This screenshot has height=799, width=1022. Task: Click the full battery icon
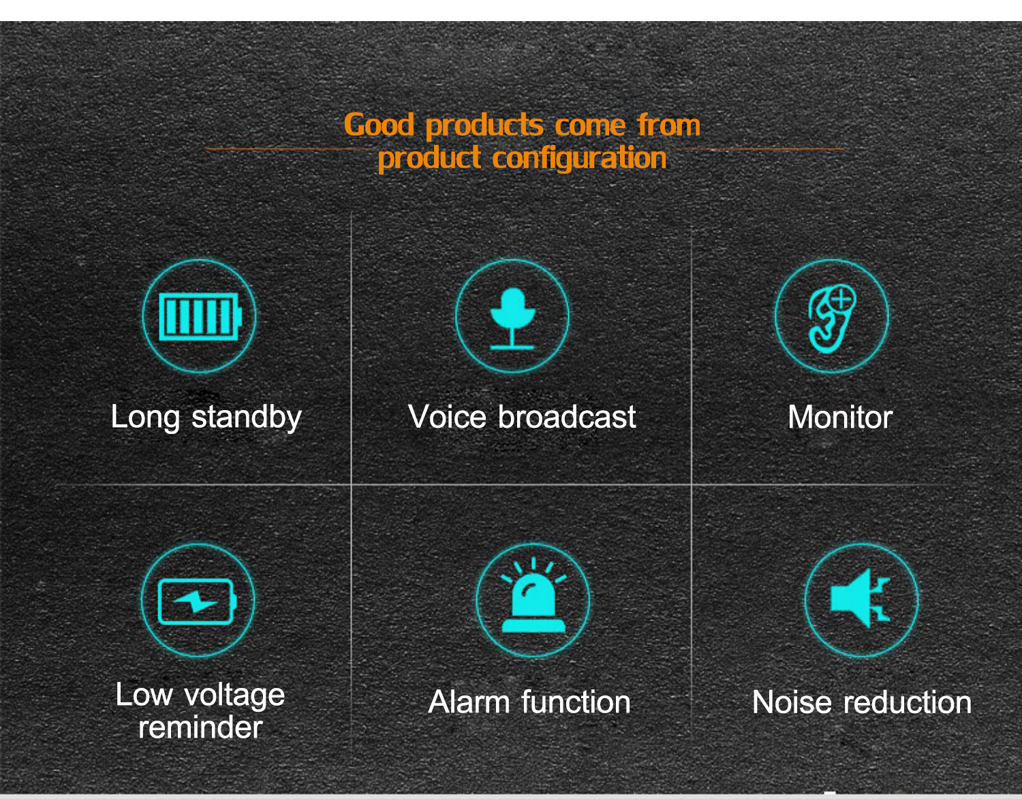pyautogui.click(x=200, y=316)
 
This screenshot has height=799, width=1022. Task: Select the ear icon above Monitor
pyautogui.click(x=831, y=319)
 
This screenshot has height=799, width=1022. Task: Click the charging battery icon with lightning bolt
pyautogui.click(x=197, y=601)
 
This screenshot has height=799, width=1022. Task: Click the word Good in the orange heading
pyautogui.click(x=379, y=125)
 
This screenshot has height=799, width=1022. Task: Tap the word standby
pyautogui.click(x=247, y=418)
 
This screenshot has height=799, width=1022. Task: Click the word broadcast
pyautogui.click(x=567, y=417)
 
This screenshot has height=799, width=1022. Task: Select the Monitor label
pyautogui.click(x=840, y=418)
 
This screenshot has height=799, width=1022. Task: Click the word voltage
pyautogui.click(x=234, y=697)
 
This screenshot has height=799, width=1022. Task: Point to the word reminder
pyautogui.click(x=200, y=727)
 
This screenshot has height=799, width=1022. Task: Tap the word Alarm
pyautogui.click(x=469, y=702)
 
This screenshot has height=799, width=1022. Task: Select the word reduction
pyautogui.click(x=908, y=703)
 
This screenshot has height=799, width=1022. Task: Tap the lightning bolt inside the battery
pyautogui.click(x=196, y=601)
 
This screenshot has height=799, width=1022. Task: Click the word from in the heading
pyautogui.click(x=669, y=125)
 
